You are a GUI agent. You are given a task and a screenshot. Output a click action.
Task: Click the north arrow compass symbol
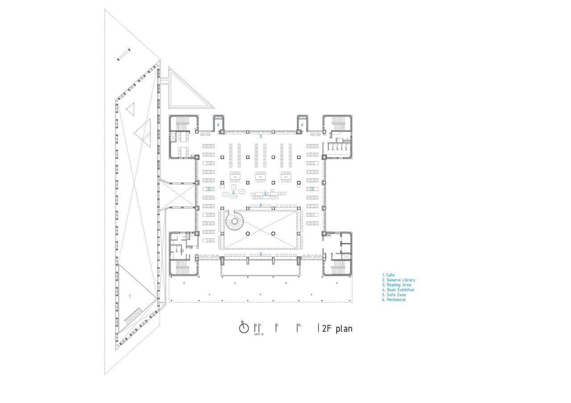[x=244, y=328]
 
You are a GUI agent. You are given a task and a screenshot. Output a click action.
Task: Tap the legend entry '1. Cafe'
[x=388, y=276]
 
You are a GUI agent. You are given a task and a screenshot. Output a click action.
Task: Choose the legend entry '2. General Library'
[x=398, y=280]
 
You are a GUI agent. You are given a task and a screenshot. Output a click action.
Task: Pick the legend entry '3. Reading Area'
[x=397, y=285]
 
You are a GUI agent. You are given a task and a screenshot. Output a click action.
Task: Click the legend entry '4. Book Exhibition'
[x=398, y=290]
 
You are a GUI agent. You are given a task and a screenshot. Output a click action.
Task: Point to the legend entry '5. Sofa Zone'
[x=394, y=295]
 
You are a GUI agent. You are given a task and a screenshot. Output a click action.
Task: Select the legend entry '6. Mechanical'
[x=394, y=300]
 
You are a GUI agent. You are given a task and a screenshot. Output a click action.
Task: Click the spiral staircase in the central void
[x=234, y=220]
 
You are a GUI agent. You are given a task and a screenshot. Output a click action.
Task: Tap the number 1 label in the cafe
[x=130, y=296]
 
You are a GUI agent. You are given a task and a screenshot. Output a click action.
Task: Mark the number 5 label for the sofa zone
[x=265, y=194]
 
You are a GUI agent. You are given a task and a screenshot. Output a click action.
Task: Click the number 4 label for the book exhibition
[x=233, y=193]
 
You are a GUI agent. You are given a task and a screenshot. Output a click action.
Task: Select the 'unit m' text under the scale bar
[x=259, y=334]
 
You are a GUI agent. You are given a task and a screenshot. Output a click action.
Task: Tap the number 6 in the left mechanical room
[x=218, y=125]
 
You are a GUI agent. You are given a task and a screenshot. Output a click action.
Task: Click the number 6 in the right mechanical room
[x=302, y=125]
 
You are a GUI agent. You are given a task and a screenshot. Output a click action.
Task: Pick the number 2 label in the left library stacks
[x=208, y=189]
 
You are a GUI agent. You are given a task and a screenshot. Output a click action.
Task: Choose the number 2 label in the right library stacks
[x=312, y=189]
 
